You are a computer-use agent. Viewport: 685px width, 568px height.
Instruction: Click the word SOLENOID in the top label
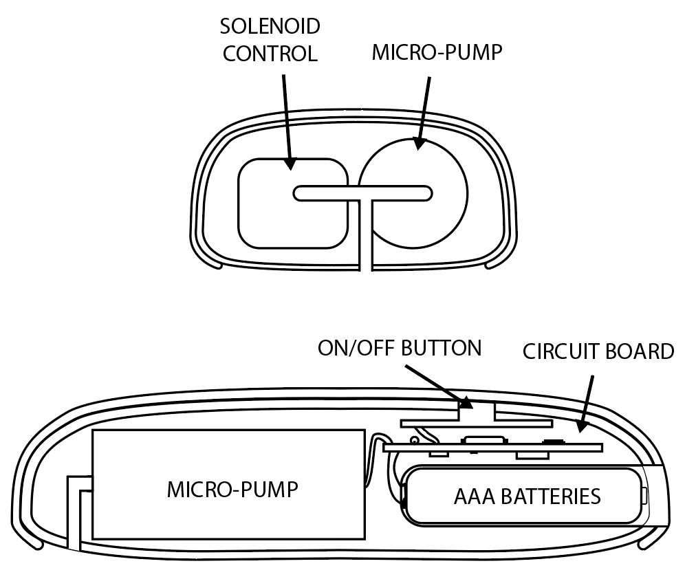[x=270, y=26]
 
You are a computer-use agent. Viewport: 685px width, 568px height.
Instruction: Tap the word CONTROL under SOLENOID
[x=270, y=54]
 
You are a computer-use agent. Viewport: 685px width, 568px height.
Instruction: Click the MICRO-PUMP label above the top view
[x=437, y=52]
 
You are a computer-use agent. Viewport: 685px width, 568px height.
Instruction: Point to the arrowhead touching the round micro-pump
[x=420, y=143]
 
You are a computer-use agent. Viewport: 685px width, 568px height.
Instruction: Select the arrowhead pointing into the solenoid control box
[x=290, y=164]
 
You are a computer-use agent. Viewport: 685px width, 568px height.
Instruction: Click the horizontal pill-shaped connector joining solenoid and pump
[x=362, y=193]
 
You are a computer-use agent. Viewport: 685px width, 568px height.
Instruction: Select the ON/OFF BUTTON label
[x=400, y=348]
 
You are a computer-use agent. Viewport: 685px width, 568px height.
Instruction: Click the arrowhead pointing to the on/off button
[x=464, y=402]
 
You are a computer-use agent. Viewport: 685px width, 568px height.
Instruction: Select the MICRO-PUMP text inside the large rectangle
[x=232, y=490]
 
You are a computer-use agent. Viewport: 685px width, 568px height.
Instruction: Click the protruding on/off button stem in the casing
[x=476, y=411]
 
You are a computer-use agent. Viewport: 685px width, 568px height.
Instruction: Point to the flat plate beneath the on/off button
[x=477, y=424]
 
